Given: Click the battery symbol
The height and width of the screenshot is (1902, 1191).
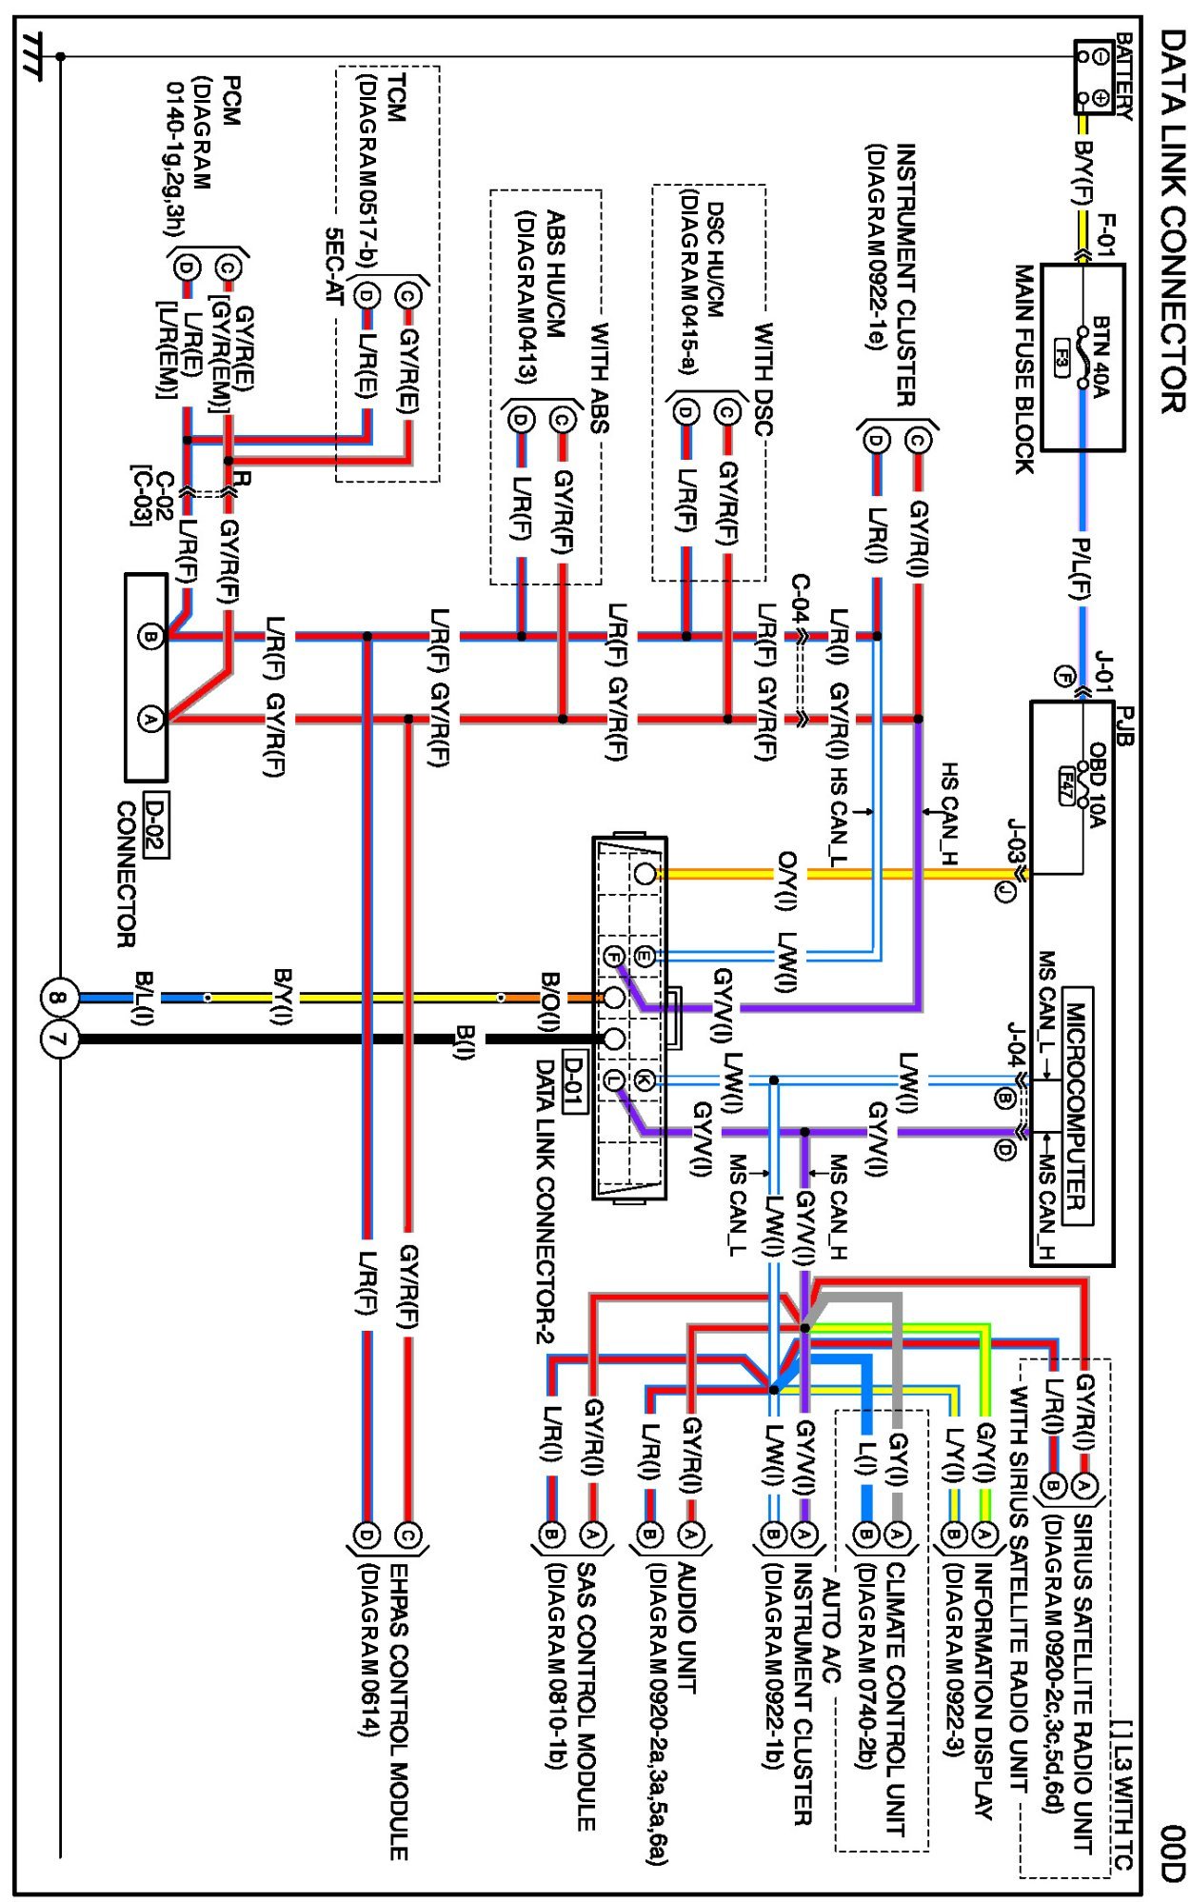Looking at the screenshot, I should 1093,77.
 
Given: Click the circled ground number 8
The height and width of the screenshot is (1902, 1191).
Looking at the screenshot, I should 58,998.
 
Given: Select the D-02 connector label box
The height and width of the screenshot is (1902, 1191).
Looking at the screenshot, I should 155,824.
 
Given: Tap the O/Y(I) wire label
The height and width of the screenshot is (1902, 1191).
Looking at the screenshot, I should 788,880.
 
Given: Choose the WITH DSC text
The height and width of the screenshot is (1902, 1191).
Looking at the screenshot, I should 763,379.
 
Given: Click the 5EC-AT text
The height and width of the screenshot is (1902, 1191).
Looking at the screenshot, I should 333,266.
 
